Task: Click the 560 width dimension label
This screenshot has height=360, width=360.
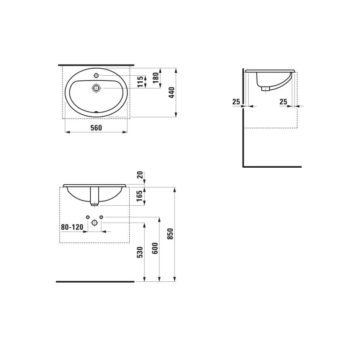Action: tap(96, 127)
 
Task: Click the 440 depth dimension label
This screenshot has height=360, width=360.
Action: tap(171, 93)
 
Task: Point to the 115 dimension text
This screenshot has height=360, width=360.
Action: tap(140, 82)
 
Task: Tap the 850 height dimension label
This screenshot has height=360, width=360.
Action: tap(170, 234)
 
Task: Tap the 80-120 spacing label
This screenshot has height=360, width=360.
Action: tap(72, 227)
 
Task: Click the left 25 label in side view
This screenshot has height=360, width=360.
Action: tap(236, 102)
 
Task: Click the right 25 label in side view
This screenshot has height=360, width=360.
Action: tap(283, 102)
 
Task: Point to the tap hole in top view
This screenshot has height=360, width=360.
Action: tap(96, 75)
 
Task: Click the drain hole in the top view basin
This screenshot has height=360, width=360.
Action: tap(96, 88)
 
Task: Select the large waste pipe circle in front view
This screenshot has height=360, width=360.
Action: tap(94, 223)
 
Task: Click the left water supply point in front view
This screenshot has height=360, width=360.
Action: tap(87, 217)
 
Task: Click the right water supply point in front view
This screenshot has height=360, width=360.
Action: tap(101, 217)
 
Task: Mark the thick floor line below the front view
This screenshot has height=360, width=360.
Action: tap(95, 281)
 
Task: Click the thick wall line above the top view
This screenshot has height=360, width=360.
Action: tap(96, 64)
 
